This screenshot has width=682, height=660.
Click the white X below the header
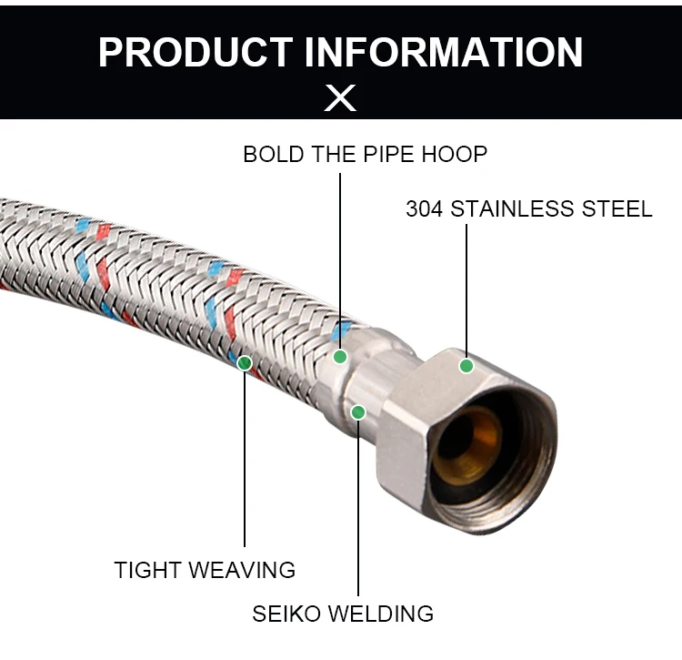[341, 97]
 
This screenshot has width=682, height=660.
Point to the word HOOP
[455, 154]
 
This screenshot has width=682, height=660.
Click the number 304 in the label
[424, 208]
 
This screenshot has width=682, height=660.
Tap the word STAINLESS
[512, 208]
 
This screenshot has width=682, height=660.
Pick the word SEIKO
[286, 614]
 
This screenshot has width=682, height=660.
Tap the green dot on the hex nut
[466, 366]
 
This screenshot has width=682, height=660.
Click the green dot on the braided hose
[245, 363]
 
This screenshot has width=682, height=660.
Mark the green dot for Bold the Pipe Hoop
[340, 356]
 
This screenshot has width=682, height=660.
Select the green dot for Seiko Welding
[358, 412]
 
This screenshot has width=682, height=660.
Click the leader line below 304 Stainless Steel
[466, 291]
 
